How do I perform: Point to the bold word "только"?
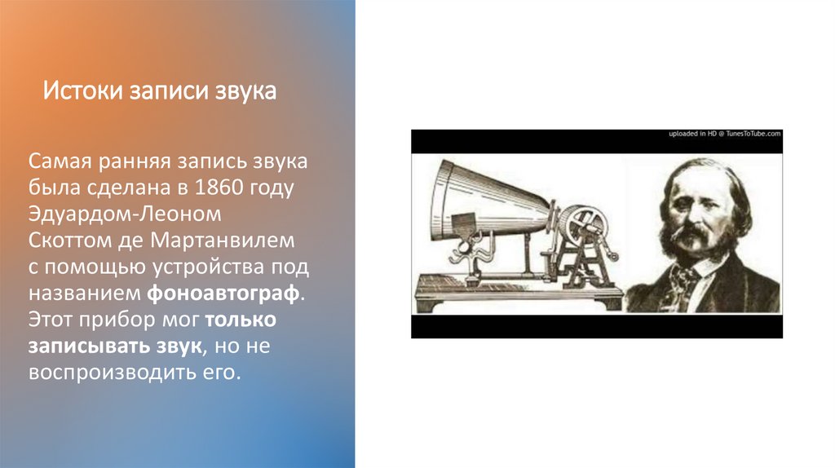pos(241,319)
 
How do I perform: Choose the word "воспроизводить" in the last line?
pos(100,372)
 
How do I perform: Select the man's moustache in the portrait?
pos(693,236)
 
